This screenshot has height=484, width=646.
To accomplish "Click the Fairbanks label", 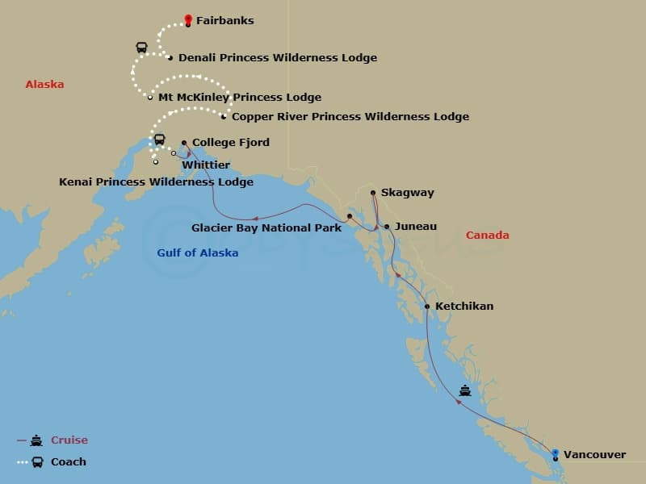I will pyautogui.click(x=224, y=21).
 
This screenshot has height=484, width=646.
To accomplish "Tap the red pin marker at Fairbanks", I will pyautogui.click(x=188, y=19).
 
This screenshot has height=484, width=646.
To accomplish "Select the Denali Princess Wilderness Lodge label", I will pyautogui.click(x=277, y=58).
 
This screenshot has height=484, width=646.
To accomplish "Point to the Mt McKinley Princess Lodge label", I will pyautogui.click(x=239, y=98).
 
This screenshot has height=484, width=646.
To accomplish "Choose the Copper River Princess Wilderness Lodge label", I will pyautogui.click(x=350, y=117).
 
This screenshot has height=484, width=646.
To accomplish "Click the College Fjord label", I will pyautogui.click(x=230, y=143).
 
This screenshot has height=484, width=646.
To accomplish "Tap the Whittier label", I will pyautogui.click(x=206, y=165).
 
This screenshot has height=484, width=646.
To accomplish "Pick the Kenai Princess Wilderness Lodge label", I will pyautogui.click(x=156, y=182).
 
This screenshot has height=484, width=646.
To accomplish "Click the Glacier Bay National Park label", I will pyautogui.click(x=266, y=228).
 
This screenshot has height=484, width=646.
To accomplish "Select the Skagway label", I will pyautogui.click(x=407, y=193).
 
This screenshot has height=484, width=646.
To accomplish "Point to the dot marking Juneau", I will pyautogui.click(x=387, y=227).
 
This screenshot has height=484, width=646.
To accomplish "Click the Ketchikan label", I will pyautogui.click(x=464, y=307).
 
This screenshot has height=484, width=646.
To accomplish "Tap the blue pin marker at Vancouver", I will pyautogui.click(x=556, y=453).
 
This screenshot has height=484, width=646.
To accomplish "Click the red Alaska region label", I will pyautogui.click(x=44, y=85).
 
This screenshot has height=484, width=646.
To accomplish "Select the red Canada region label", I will pyautogui.click(x=487, y=236).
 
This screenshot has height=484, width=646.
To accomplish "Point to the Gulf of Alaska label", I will pyautogui.click(x=197, y=253).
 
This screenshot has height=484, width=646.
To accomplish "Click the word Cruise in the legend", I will pyautogui.click(x=69, y=440).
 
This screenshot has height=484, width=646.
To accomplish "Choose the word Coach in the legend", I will pyautogui.click(x=68, y=462).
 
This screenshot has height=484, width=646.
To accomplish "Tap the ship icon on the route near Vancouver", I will pyautogui.click(x=465, y=391).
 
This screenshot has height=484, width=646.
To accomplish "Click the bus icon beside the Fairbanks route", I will pyautogui.click(x=142, y=48).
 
